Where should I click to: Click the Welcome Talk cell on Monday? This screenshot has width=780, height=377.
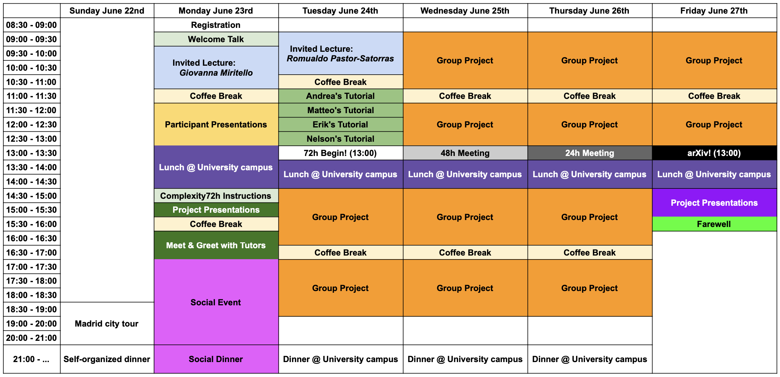tap(216, 39)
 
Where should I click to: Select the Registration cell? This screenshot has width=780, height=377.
tap(216, 25)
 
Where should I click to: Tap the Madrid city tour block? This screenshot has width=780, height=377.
tap(107, 324)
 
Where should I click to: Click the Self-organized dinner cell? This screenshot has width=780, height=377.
tap(107, 359)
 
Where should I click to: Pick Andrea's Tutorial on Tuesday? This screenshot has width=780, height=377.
tap(341, 96)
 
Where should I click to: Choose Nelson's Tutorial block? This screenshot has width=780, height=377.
tap(341, 139)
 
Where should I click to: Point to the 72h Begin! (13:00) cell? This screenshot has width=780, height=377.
tap(341, 153)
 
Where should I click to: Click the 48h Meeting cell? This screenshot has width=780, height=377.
tap(465, 153)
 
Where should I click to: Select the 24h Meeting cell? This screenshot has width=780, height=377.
tap(590, 153)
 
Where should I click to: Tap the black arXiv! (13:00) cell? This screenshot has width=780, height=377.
tap(714, 153)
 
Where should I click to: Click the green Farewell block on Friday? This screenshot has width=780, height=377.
tap(714, 224)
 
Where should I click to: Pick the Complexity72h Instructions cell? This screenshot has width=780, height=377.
tap(216, 196)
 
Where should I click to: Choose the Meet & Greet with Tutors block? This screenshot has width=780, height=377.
tap(216, 245)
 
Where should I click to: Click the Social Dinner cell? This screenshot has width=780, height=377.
tap(216, 359)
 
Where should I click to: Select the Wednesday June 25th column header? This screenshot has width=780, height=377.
tap(465, 11)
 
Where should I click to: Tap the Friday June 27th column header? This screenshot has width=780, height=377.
tap(714, 11)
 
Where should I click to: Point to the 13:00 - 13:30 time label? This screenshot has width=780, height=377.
tap(32, 153)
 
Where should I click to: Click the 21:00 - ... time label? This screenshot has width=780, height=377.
tap(32, 359)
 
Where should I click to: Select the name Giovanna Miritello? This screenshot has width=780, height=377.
tap(216, 73)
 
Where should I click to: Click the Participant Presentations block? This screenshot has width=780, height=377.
tap(216, 124)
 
